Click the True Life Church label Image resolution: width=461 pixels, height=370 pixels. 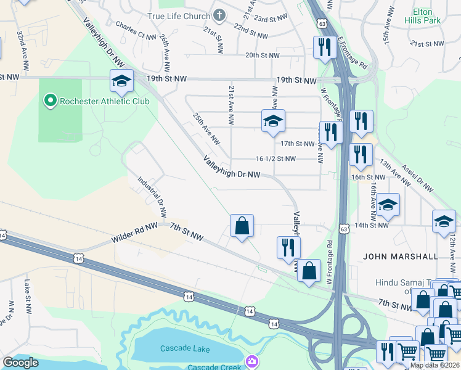point(179,15)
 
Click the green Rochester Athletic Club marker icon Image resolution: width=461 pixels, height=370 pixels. point(49,101)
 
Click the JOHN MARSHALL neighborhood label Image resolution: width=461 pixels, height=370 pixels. point(401,256)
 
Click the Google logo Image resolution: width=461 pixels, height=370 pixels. point(20,363)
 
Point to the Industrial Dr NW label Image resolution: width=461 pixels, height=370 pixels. point(152,197)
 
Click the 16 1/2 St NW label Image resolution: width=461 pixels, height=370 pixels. point(275,158)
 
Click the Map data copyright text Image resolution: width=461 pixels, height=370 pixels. point(434,365)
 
